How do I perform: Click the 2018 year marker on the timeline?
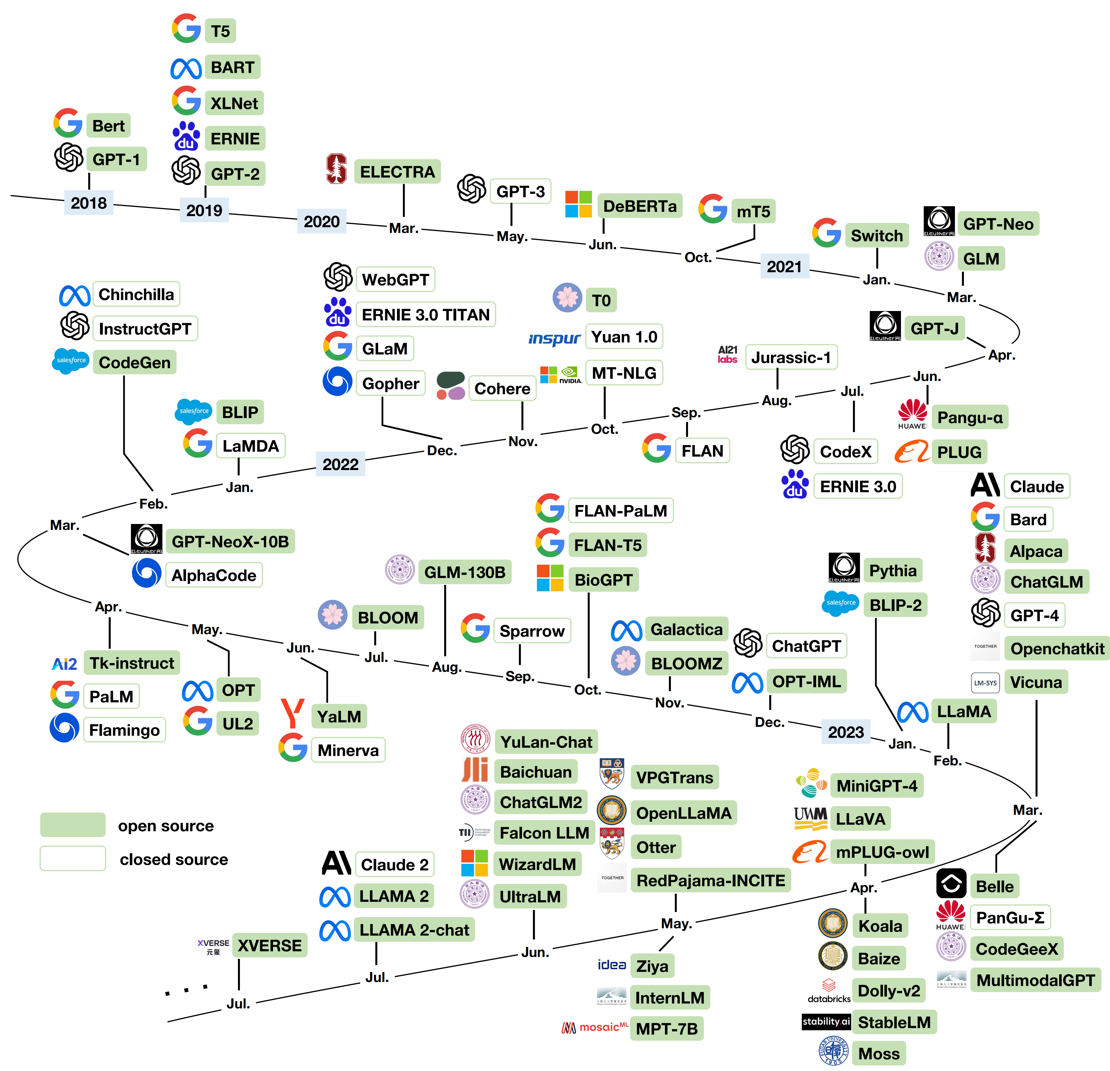point(89,203)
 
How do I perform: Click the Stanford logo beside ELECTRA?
point(336,169)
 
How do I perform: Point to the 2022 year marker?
point(341,464)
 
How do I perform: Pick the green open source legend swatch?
point(72,825)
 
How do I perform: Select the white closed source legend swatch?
point(72,859)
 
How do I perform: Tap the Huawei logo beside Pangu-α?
point(912,414)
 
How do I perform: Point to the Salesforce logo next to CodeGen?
point(71,361)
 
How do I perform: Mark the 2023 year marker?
point(846,732)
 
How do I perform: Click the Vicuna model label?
point(1036,682)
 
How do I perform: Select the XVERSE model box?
point(270,945)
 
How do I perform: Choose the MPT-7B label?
point(667,1029)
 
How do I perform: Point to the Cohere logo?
point(451,386)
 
